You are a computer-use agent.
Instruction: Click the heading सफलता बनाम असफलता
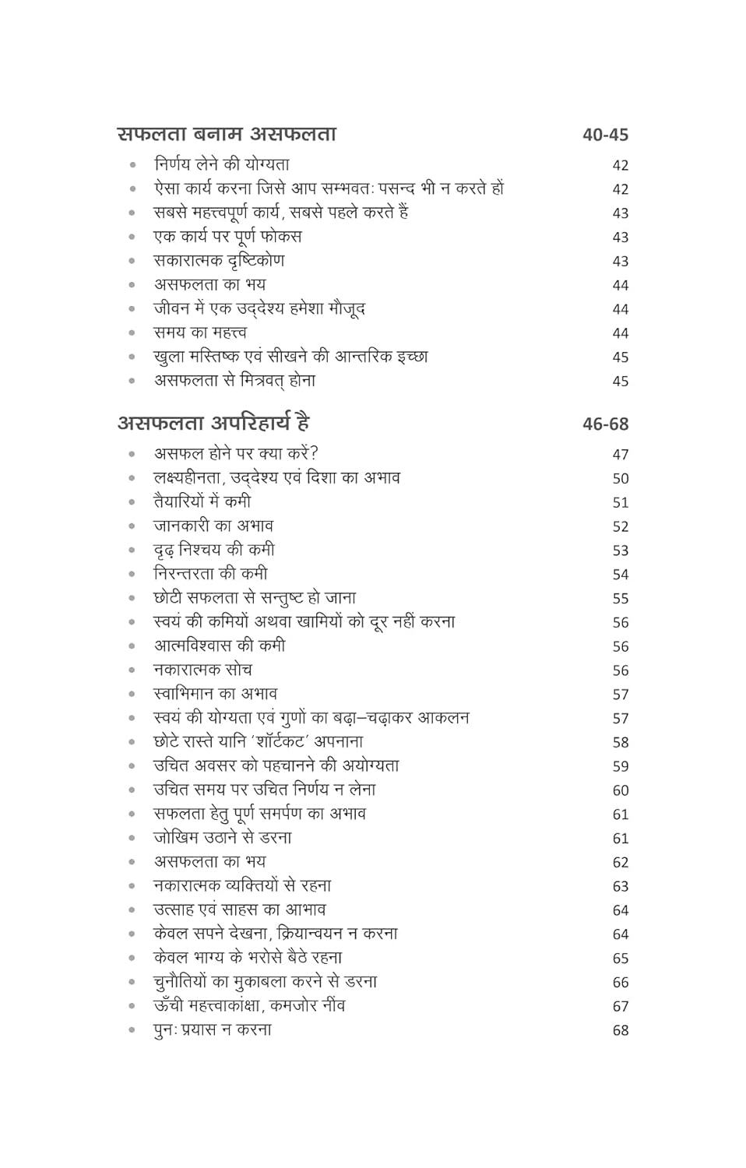coord(227,134)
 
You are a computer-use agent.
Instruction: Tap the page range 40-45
coord(605,135)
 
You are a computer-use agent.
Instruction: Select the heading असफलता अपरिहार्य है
coord(213,424)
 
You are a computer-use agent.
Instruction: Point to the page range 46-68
coord(605,424)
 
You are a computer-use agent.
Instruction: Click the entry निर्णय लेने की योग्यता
coord(222,164)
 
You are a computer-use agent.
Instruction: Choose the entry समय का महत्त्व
coord(200,332)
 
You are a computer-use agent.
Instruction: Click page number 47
coord(620,455)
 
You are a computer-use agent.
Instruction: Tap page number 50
coord(620,479)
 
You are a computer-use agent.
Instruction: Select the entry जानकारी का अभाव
coord(213,526)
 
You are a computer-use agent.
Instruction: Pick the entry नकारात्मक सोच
coord(202,670)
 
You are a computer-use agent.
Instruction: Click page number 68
coord(620,1030)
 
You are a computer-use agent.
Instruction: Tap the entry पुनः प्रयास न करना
coord(213,1029)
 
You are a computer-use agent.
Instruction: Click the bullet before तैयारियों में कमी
coord(132,502)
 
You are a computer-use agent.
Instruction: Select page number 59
coord(620,767)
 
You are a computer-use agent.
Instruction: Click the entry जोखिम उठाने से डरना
coord(223,838)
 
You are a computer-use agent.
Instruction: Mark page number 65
coord(620,959)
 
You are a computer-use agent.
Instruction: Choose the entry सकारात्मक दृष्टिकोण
coord(219,260)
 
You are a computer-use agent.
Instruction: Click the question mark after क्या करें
coord(314,453)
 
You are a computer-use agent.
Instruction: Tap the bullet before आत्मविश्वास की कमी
coord(132,646)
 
